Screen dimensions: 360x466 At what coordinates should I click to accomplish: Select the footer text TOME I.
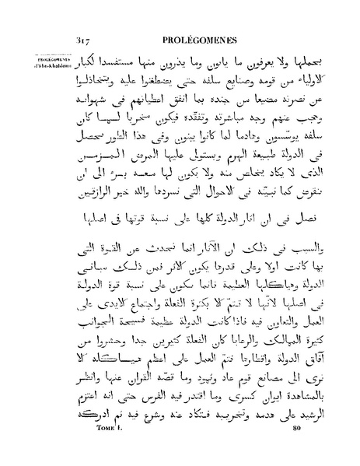point(106,450)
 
